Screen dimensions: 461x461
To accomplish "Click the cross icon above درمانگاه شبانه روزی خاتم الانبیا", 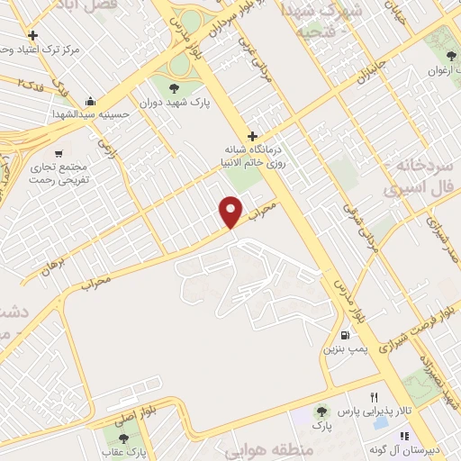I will (253, 136).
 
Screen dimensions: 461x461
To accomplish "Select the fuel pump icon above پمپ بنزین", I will (345, 334).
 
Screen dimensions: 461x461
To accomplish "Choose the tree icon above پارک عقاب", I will (122, 438).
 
